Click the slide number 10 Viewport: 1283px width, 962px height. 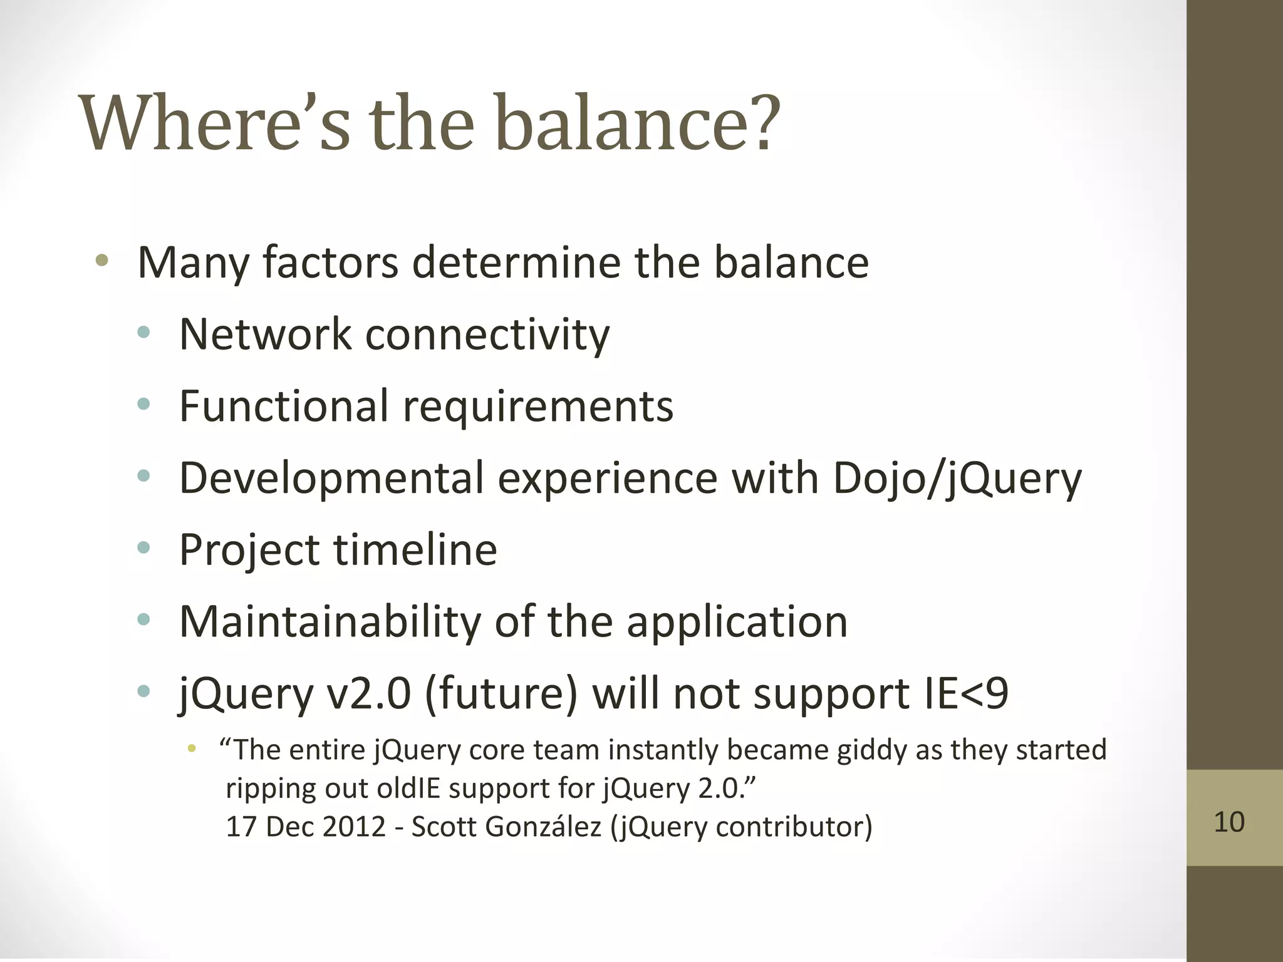(1228, 822)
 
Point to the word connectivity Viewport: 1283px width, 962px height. (487, 335)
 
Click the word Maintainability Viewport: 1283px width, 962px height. (330, 622)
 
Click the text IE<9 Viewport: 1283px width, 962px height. (965, 694)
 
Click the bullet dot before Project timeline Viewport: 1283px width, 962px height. (144, 549)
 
